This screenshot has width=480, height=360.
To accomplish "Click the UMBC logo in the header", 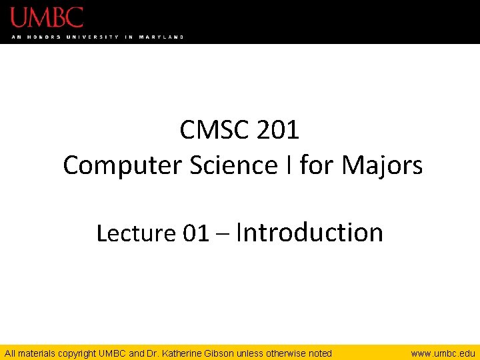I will [47, 17].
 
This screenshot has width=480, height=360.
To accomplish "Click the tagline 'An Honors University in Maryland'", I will [97, 37].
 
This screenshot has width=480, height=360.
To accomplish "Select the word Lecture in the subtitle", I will [135, 233].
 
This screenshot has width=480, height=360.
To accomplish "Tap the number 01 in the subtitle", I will [195, 233].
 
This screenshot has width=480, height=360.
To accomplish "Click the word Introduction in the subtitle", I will [310, 232].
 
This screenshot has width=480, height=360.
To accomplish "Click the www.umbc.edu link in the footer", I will [443, 353].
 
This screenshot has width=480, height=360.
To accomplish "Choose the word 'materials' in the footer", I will [36, 353].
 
